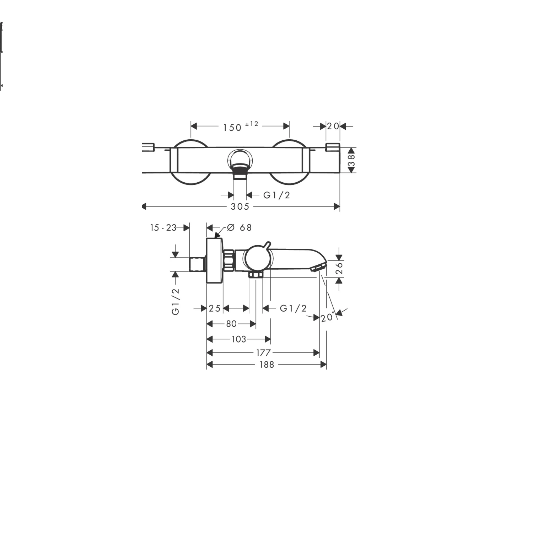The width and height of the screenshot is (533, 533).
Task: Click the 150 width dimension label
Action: point(232,127)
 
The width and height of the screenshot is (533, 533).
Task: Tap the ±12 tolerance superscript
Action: point(252,124)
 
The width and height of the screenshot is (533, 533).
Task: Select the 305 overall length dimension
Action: point(240,206)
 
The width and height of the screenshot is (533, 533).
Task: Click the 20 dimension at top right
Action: point(333,126)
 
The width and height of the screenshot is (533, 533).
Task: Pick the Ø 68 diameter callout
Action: point(239,227)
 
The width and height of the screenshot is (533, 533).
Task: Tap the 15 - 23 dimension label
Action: point(163,228)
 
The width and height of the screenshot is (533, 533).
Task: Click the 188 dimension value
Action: point(266,365)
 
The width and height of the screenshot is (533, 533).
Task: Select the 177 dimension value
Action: point(263,353)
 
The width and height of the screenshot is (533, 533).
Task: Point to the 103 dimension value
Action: point(239,339)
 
